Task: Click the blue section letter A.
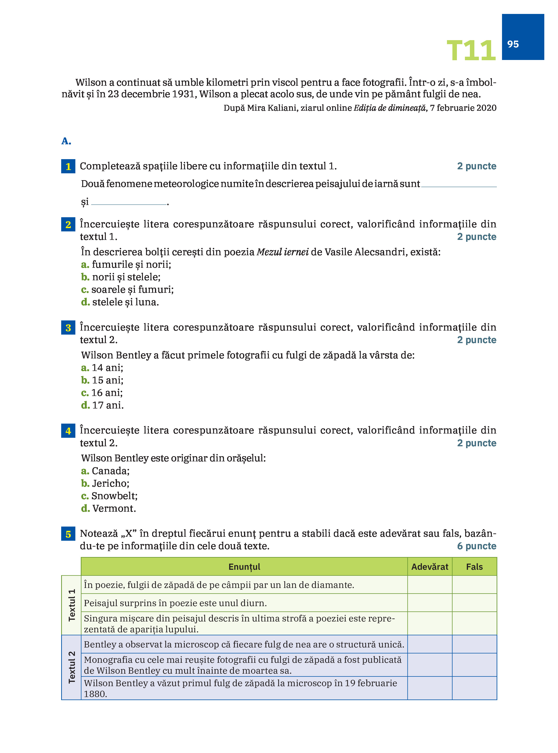pos(66,141)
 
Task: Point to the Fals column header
pos(474,567)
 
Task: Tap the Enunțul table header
pos(244,567)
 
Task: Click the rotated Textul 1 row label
pos(72,605)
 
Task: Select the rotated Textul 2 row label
pos(72,667)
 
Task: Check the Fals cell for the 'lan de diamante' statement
pos(474,585)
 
